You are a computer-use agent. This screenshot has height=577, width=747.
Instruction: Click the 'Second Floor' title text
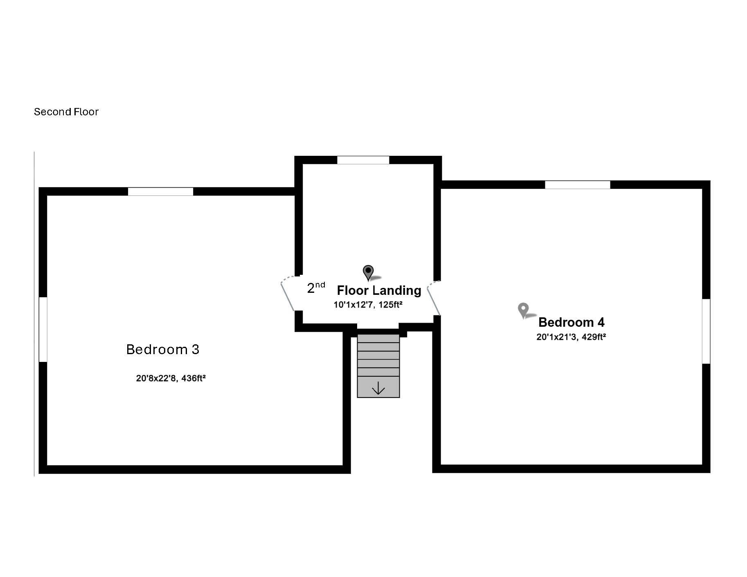(66, 112)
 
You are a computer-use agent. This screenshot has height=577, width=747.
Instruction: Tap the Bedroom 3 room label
(163, 349)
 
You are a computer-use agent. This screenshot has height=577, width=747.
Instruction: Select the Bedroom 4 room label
(571, 322)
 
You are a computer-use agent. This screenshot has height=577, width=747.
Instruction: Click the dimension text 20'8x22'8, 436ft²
(171, 378)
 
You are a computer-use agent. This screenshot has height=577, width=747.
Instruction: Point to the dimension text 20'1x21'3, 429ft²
(571, 337)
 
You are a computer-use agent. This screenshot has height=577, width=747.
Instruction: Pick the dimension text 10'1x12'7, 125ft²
(368, 305)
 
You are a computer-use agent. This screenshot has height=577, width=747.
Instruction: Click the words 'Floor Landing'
(379, 290)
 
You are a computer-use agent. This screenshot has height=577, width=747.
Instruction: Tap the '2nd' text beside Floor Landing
(316, 287)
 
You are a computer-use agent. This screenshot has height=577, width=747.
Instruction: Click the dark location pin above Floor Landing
(369, 273)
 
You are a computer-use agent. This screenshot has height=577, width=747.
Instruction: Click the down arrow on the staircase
(378, 388)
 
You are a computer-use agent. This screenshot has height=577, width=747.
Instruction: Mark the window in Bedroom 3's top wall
(160, 192)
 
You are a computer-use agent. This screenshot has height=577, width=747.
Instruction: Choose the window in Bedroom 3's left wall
(43, 329)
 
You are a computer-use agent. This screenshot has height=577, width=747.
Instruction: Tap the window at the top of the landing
(363, 160)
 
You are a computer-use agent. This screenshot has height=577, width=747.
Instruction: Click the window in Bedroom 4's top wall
(578, 185)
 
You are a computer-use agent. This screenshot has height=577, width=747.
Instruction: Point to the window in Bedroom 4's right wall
(706, 331)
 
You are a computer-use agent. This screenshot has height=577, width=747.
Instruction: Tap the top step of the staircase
(378, 339)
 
